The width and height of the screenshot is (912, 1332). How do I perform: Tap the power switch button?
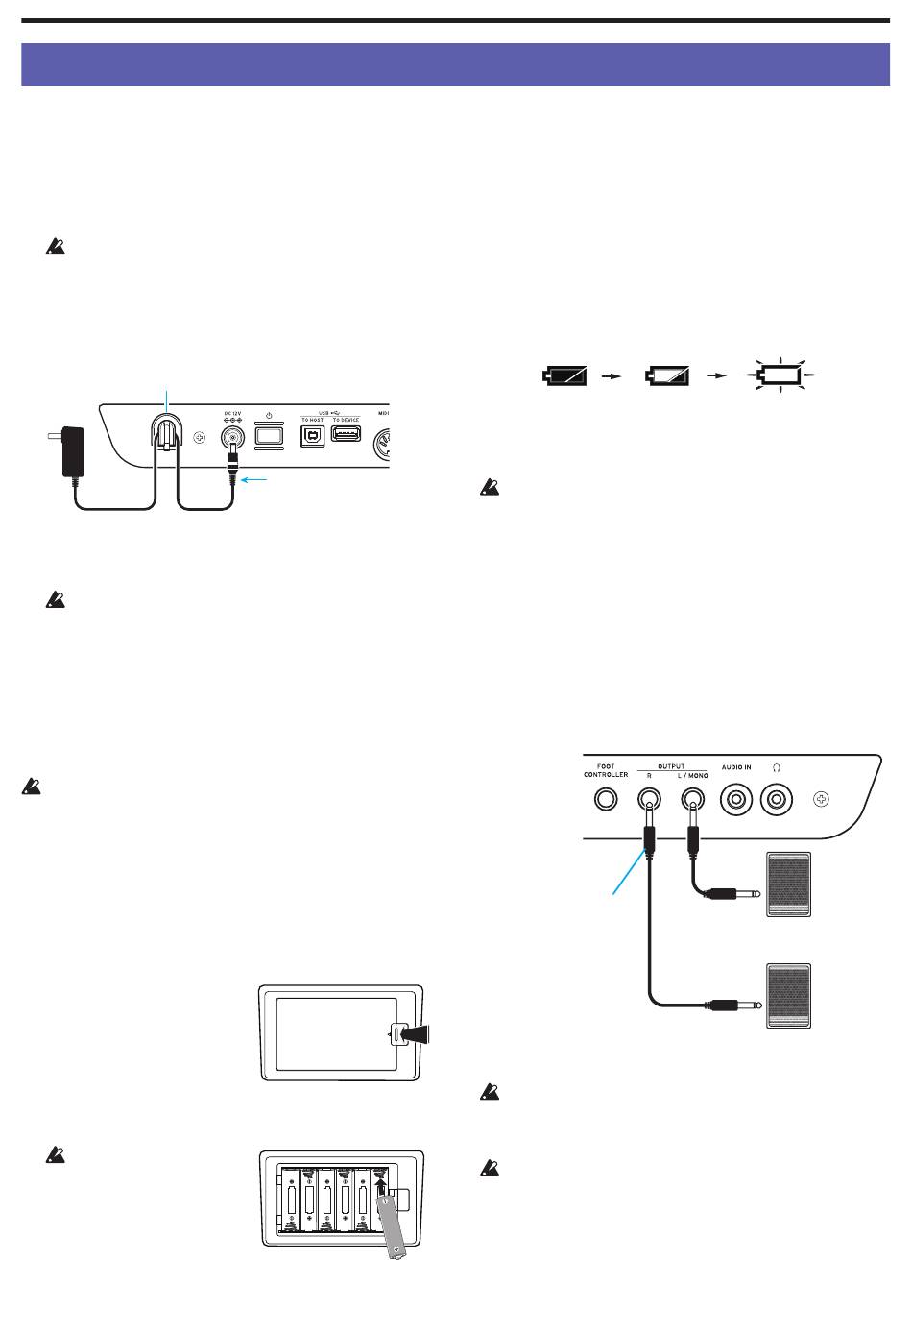click(x=270, y=436)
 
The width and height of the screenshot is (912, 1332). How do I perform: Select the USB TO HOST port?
click(x=313, y=434)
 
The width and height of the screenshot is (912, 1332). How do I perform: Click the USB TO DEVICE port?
click(x=346, y=433)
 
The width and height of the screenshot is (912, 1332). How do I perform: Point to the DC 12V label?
click(x=231, y=414)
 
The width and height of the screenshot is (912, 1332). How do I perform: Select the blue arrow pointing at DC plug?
click(x=258, y=476)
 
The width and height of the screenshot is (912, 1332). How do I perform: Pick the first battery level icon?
click(x=564, y=375)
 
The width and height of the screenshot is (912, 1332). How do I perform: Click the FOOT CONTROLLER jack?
click(x=606, y=799)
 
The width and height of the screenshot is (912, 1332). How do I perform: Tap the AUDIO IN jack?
click(x=736, y=798)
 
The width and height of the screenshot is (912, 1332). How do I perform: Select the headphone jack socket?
click(x=776, y=798)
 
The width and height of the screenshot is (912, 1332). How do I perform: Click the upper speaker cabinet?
click(x=788, y=884)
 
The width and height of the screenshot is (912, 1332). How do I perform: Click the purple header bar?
click(x=455, y=64)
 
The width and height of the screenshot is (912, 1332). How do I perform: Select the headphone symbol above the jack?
click(x=776, y=768)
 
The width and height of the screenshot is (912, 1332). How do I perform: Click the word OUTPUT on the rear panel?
click(x=671, y=766)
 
